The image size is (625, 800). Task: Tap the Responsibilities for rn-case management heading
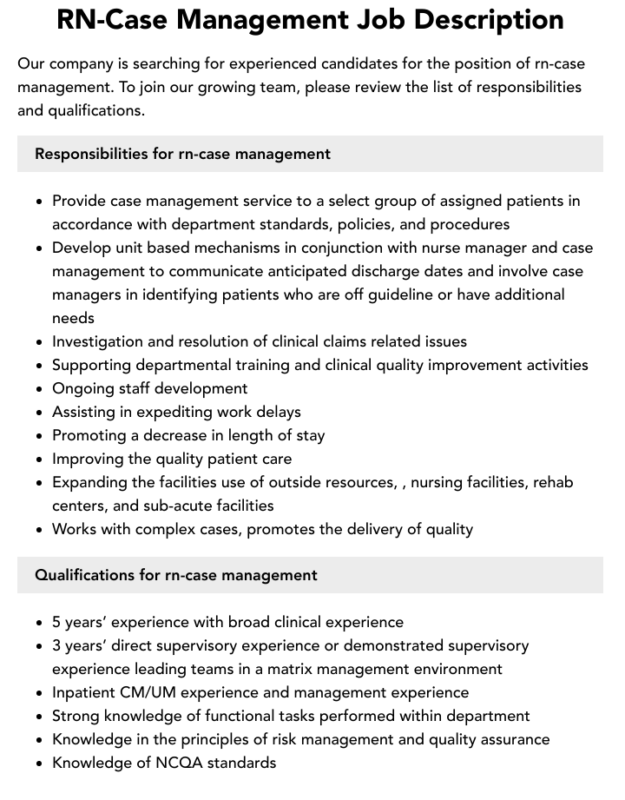pyautogui.click(x=182, y=154)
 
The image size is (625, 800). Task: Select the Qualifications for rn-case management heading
pyautogui.click(x=176, y=575)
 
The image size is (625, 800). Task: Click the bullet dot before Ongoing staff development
pyautogui.click(x=40, y=389)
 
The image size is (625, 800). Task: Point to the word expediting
pyautogui.click(x=167, y=412)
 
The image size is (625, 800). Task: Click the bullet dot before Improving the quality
pyautogui.click(x=40, y=460)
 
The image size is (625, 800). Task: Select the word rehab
pyautogui.click(x=553, y=482)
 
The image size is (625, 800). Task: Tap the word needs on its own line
pyautogui.click(x=73, y=318)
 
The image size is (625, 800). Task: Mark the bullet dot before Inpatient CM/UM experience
pyautogui.click(x=40, y=693)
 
